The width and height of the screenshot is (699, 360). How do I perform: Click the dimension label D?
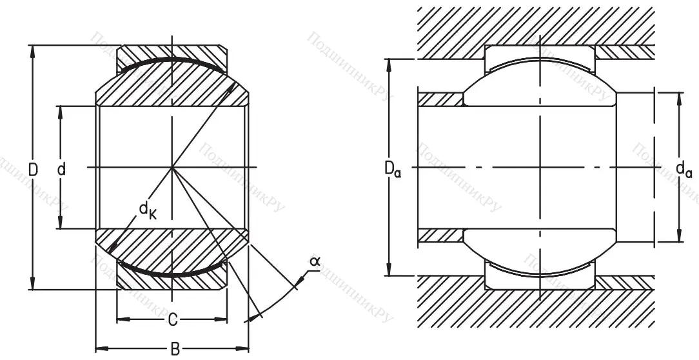[x=33, y=170]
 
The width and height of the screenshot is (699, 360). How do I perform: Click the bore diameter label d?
[x=61, y=170]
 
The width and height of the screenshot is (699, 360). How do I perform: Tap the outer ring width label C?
[x=172, y=319]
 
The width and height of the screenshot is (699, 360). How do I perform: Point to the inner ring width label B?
[x=175, y=349]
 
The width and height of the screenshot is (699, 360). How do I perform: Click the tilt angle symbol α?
[x=315, y=261]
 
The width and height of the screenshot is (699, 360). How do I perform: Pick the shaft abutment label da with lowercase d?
[x=684, y=170]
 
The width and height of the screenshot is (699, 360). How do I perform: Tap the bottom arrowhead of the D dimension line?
[x=32, y=287]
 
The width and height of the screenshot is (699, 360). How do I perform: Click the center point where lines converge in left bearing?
[x=172, y=168]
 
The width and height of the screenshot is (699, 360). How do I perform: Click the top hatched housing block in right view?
[x=529, y=26]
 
